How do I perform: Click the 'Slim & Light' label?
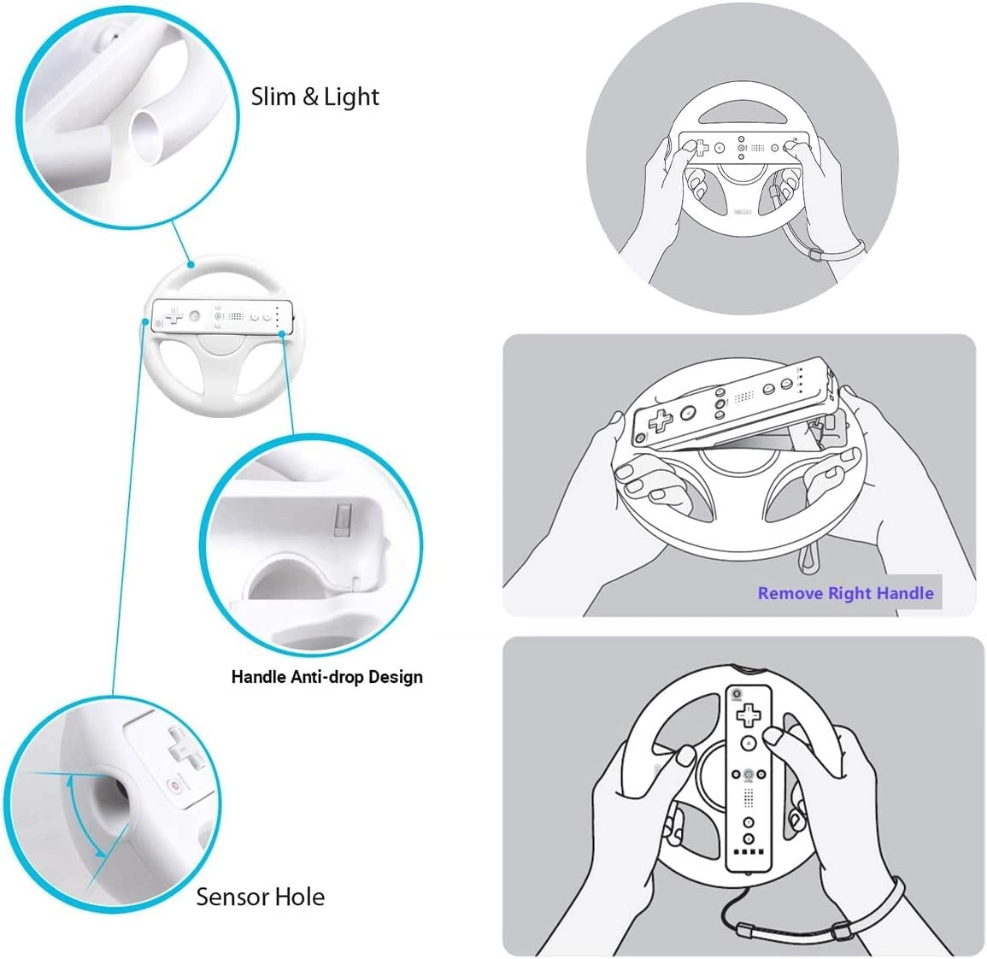pos(314,97)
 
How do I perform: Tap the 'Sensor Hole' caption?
pos(260,897)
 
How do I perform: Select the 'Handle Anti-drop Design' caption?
pos(326,677)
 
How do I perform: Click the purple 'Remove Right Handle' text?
pos(845,593)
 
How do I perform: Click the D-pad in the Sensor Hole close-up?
pos(186,747)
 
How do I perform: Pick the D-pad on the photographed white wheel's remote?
pos(173,315)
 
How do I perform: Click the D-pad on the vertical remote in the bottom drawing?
pos(749,715)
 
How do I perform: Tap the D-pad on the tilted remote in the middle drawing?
pos(660,420)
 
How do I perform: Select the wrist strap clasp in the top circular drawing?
pos(815,255)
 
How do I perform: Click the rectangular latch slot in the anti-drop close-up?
pos(343,520)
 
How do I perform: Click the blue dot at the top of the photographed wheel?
pos(190,265)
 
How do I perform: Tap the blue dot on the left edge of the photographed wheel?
pos(145,321)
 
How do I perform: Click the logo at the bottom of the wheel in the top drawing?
pos(743,212)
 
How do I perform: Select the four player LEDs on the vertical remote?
pos(749,852)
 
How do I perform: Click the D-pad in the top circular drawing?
pos(700,148)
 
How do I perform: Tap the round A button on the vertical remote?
pos(748,744)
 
